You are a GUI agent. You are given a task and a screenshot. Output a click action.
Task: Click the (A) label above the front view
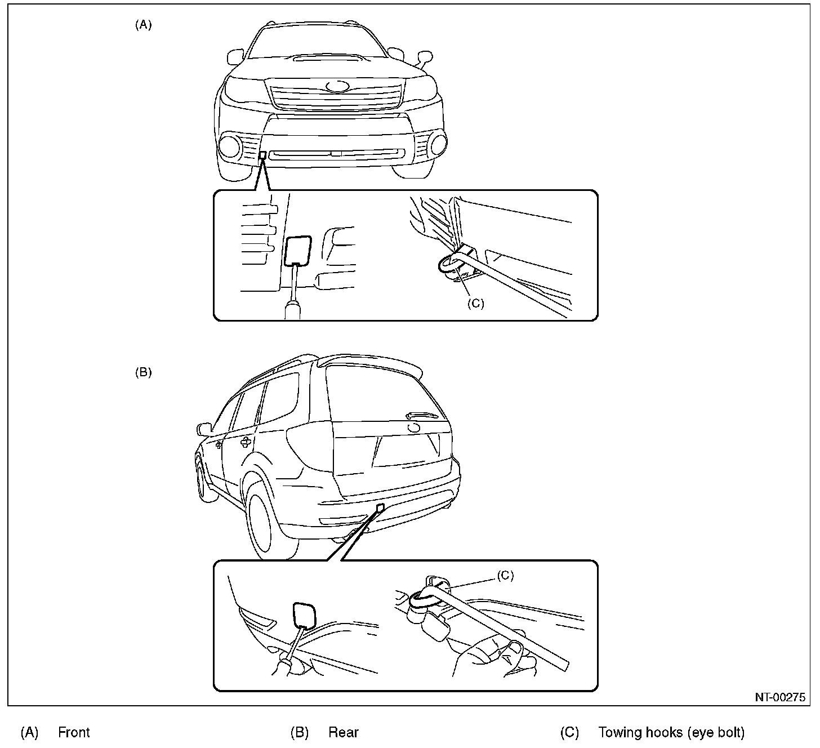click(143, 25)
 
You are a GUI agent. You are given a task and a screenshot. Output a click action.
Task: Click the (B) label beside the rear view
click(143, 372)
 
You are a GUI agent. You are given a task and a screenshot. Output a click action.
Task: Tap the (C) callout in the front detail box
click(475, 303)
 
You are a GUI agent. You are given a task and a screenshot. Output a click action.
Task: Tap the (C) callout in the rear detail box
click(505, 575)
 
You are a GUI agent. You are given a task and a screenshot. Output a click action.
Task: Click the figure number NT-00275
click(780, 697)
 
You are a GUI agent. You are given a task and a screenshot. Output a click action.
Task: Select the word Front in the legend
click(74, 732)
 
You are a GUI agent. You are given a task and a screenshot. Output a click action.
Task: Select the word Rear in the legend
click(343, 732)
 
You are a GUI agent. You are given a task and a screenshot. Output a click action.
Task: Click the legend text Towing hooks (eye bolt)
click(671, 732)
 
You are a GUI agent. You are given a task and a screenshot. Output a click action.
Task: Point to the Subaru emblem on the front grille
click(337, 87)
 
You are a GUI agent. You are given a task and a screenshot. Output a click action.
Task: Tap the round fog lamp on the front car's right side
click(436, 145)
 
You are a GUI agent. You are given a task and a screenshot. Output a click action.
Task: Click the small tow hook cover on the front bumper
click(262, 155)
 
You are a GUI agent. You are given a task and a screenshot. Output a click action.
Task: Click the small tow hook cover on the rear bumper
click(381, 507)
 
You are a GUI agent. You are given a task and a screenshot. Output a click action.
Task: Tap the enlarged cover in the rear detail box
click(304, 615)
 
